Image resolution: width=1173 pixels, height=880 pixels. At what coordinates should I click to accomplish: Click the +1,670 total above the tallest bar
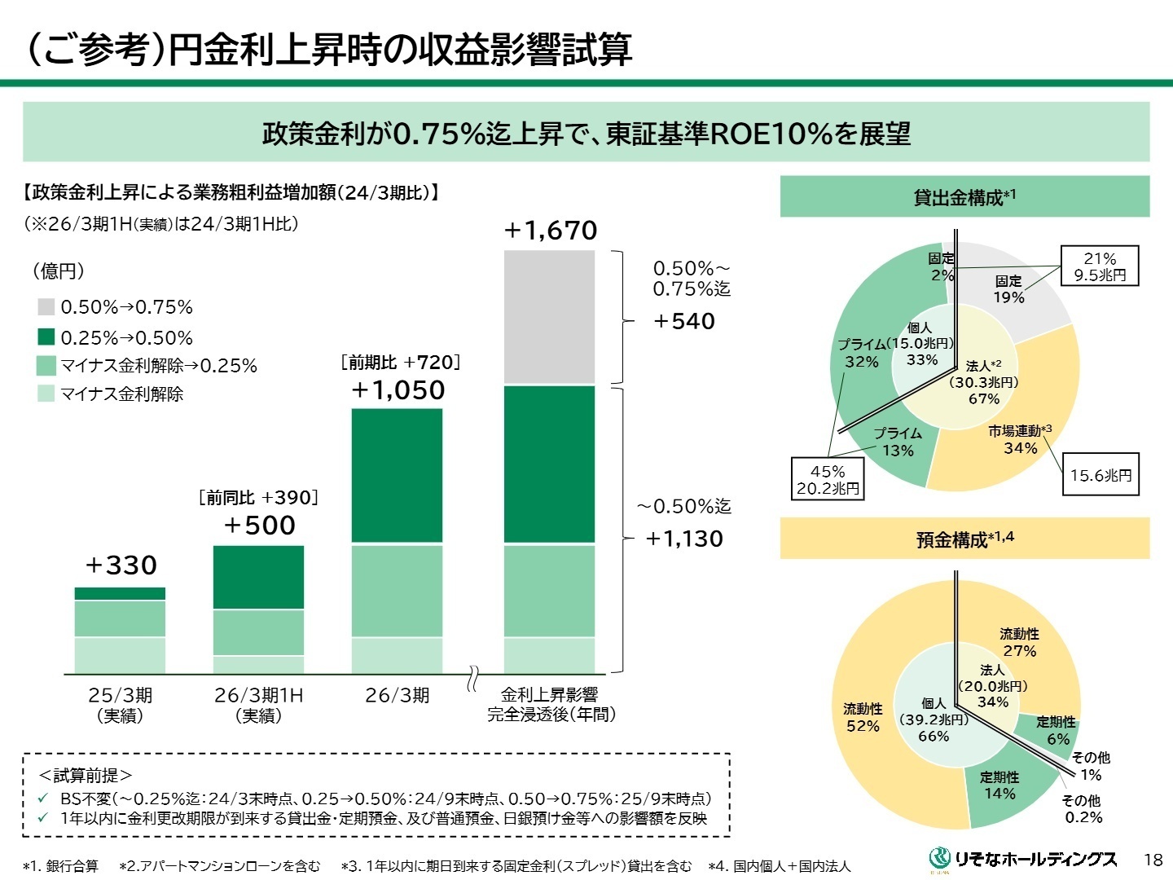(551, 231)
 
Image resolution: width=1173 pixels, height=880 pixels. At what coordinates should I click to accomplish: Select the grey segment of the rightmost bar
(549, 317)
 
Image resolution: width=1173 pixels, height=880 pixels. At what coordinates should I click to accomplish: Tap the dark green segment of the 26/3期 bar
(397, 475)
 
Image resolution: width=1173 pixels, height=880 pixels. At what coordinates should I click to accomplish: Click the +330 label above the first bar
(121, 565)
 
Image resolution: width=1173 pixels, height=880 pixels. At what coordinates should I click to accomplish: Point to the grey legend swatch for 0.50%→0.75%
(46, 307)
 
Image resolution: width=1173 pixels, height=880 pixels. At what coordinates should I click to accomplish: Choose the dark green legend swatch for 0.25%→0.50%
(46, 337)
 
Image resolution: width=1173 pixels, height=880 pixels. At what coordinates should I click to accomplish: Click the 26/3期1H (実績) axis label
(258, 705)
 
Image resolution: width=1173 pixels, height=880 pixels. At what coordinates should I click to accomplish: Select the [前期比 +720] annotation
(400, 363)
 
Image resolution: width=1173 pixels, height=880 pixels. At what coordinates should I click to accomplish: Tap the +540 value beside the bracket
(683, 321)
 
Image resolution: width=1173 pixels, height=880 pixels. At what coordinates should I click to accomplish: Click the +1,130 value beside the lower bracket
(683, 539)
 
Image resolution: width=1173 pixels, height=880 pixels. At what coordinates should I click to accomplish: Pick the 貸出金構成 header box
(964, 197)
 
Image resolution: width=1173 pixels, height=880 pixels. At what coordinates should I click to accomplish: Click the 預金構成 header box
(964, 539)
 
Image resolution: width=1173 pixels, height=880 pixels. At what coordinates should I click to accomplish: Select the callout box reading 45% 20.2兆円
(828, 479)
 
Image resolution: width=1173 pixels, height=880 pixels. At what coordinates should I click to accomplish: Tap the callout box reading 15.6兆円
(1101, 475)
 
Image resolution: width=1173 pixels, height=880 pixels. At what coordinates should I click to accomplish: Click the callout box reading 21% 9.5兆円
(1100, 266)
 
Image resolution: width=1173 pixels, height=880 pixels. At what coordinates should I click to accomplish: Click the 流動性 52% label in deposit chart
(863, 717)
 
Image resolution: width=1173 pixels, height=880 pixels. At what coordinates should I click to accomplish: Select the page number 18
(1153, 860)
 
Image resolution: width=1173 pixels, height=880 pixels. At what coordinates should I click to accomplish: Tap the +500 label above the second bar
(259, 526)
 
